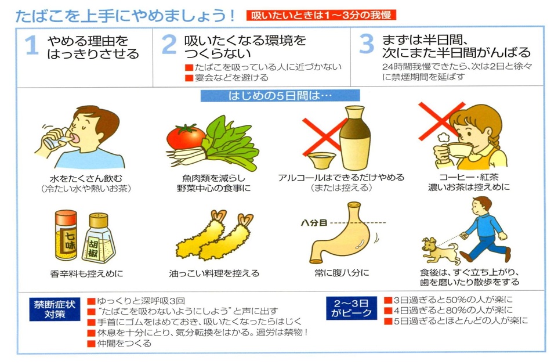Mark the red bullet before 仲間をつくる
point(90,343)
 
